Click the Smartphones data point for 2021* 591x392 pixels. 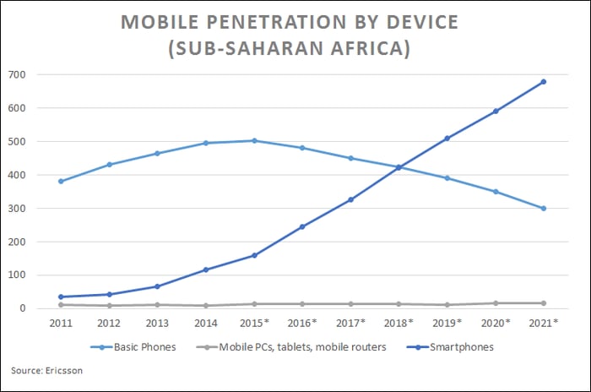pyautogui.click(x=544, y=82)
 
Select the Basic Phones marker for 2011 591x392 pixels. pyautogui.click(x=62, y=182)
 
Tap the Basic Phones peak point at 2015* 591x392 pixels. pyautogui.click(x=254, y=141)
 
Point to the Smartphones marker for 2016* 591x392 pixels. pyautogui.click(x=302, y=226)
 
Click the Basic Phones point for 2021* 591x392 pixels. pyautogui.click(x=544, y=208)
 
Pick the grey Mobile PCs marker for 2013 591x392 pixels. pyautogui.click(x=158, y=305)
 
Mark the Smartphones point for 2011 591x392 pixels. pyautogui.click(x=62, y=297)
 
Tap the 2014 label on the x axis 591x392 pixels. pyautogui.click(x=206, y=324)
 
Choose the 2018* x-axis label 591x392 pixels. pyautogui.click(x=399, y=324)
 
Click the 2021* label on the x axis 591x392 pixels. pyautogui.click(x=544, y=324)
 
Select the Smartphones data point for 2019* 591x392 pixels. pyautogui.click(x=447, y=139)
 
